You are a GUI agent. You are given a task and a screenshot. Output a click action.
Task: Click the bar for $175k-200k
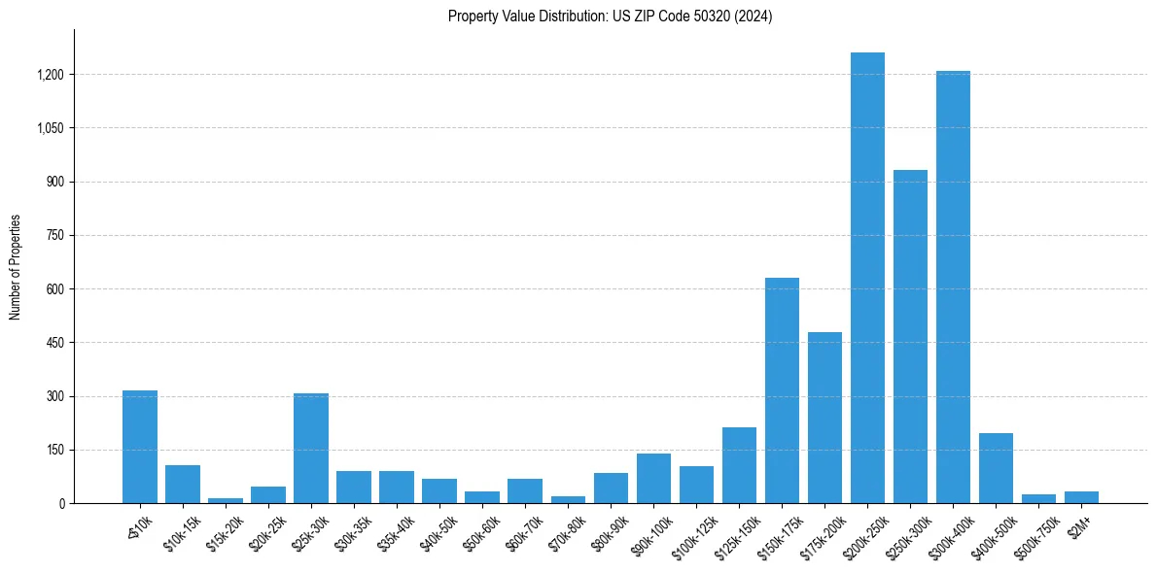click(x=824, y=418)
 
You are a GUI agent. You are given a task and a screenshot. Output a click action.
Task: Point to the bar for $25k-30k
click(x=311, y=448)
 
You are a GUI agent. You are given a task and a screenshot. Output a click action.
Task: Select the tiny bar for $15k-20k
click(x=226, y=500)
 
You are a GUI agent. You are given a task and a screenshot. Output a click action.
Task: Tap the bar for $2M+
click(x=1081, y=497)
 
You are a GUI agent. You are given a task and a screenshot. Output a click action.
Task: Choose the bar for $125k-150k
click(x=739, y=465)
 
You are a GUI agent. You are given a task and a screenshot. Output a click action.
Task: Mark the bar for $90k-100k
click(x=653, y=478)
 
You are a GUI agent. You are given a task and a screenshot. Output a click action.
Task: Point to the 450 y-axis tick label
click(x=55, y=343)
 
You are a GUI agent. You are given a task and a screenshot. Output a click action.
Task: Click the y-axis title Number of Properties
click(x=15, y=267)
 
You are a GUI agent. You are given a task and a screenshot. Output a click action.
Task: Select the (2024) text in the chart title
click(x=754, y=17)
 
